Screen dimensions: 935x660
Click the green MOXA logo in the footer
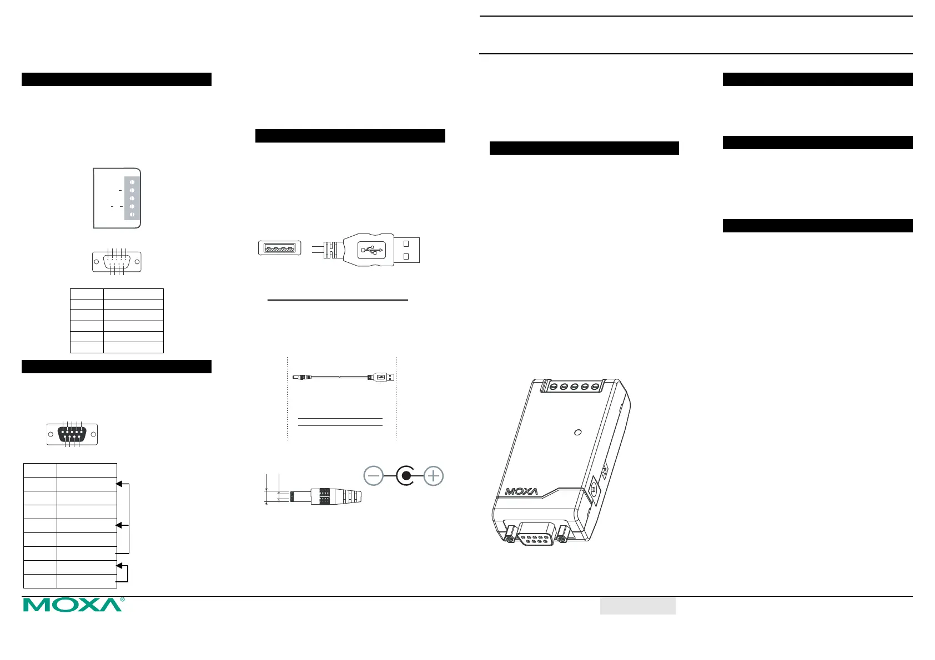[73, 605]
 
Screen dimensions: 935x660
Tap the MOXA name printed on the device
[521, 491]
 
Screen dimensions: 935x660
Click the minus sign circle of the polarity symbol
[374, 476]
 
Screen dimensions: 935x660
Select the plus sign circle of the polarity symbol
[434, 476]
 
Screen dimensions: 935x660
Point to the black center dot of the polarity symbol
[406, 476]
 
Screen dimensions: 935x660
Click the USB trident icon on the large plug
[371, 250]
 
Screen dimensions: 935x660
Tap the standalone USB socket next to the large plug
[280, 248]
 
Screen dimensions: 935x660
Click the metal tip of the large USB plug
[407, 250]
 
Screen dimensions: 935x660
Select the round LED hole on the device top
[577, 432]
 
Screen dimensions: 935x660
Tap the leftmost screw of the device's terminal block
[553, 387]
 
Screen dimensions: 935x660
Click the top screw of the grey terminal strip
[132, 182]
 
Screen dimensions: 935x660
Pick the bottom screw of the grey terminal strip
[132, 214]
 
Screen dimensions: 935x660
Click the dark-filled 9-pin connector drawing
[72, 434]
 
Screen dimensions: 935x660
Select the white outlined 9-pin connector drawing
[117, 261]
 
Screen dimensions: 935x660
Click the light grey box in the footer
[638, 606]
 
